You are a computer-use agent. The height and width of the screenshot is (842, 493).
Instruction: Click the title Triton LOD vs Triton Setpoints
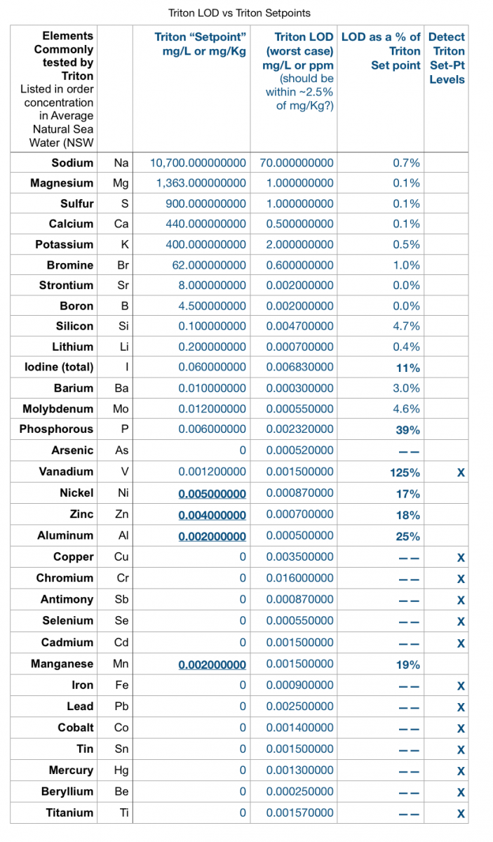[x=239, y=13]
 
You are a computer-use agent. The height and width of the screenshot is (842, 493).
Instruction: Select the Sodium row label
[x=72, y=163]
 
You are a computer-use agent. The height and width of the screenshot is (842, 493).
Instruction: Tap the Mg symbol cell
[x=121, y=183]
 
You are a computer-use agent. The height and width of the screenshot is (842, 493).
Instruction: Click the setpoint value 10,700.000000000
[x=198, y=163]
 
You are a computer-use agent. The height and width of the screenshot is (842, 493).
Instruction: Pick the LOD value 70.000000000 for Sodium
[x=297, y=163]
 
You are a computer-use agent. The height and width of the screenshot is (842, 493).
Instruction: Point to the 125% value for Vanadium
[x=405, y=472]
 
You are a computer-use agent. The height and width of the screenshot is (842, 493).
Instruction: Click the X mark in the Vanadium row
[x=461, y=472]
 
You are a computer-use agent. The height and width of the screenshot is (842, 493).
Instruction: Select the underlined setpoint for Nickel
[x=212, y=493]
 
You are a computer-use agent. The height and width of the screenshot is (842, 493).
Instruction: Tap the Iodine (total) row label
[x=59, y=367]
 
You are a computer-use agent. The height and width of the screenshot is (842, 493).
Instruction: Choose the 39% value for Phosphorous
[x=407, y=430]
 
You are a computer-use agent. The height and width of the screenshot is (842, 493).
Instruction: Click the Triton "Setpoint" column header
[x=201, y=44]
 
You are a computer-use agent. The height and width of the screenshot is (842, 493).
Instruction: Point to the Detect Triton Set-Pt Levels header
[x=447, y=58]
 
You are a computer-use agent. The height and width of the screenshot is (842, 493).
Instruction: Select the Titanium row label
[x=69, y=813]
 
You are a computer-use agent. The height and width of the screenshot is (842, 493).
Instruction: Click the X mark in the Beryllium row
[x=461, y=792]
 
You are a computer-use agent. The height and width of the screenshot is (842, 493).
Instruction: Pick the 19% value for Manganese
[x=407, y=665]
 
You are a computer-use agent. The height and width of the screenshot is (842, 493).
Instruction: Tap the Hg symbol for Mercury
[x=121, y=770]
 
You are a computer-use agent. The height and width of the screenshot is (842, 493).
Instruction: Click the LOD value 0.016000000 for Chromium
[x=300, y=577]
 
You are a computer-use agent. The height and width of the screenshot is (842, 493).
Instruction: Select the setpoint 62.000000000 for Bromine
[x=209, y=265]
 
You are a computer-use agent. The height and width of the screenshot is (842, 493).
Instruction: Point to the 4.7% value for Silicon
[x=406, y=326]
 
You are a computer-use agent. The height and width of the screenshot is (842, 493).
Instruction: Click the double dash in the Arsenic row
[x=409, y=451]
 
